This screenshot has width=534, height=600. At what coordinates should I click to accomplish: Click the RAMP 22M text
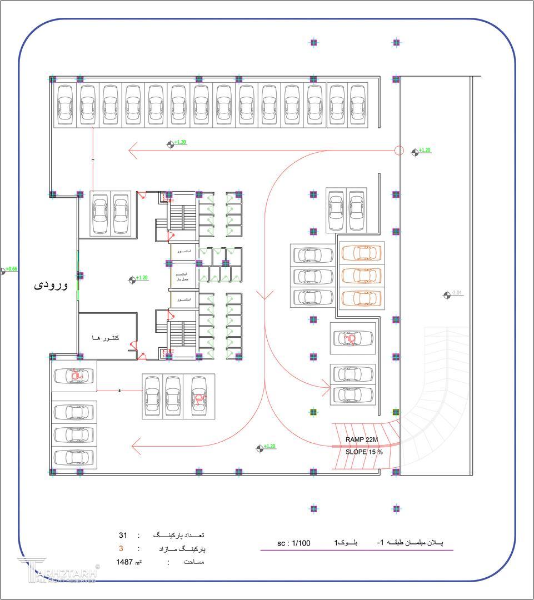tap(361, 439)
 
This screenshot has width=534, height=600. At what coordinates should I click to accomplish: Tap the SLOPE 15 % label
tap(364, 452)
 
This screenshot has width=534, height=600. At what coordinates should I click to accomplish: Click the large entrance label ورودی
tap(51, 285)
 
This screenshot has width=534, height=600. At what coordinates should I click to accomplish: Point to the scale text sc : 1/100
tap(293, 543)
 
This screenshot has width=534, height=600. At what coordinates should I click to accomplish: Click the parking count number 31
tap(123, 536)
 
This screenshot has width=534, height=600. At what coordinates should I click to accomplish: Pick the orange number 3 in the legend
tap(121, 549)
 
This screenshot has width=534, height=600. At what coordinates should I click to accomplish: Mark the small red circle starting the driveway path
tap(398, 150)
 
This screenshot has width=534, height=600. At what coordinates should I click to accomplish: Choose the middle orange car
tap(362, 275)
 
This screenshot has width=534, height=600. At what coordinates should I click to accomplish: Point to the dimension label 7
tap(93, 161)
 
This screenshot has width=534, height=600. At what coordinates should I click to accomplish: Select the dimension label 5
tap(119, 391)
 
